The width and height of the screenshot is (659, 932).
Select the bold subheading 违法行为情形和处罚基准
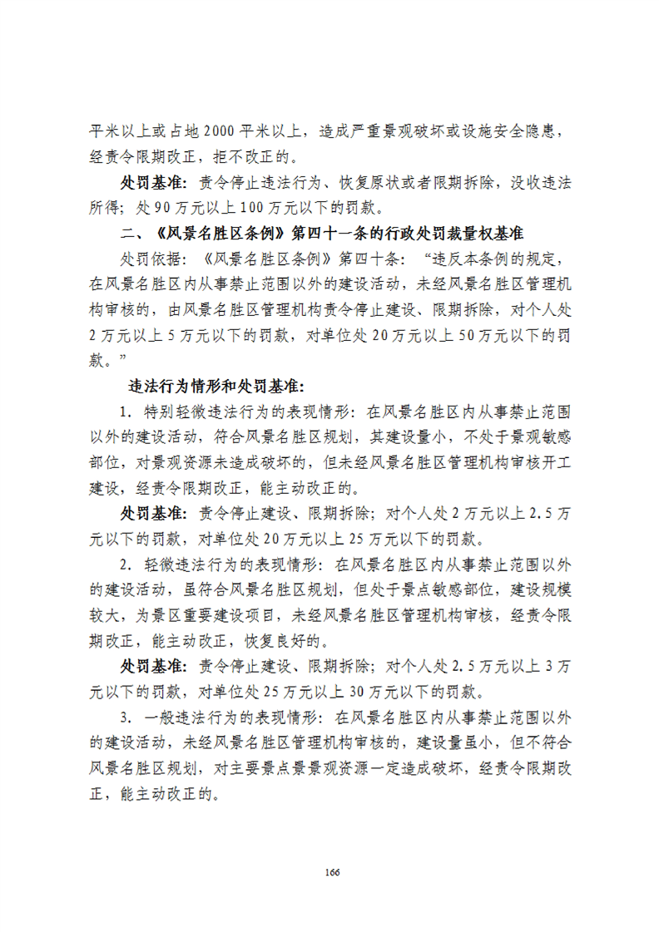tap(218, 387)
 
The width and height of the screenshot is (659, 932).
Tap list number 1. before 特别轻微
tap(126, 412)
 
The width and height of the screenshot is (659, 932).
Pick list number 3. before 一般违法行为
tap(126, 718)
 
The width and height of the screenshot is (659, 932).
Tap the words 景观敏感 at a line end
tap(541, 437)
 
